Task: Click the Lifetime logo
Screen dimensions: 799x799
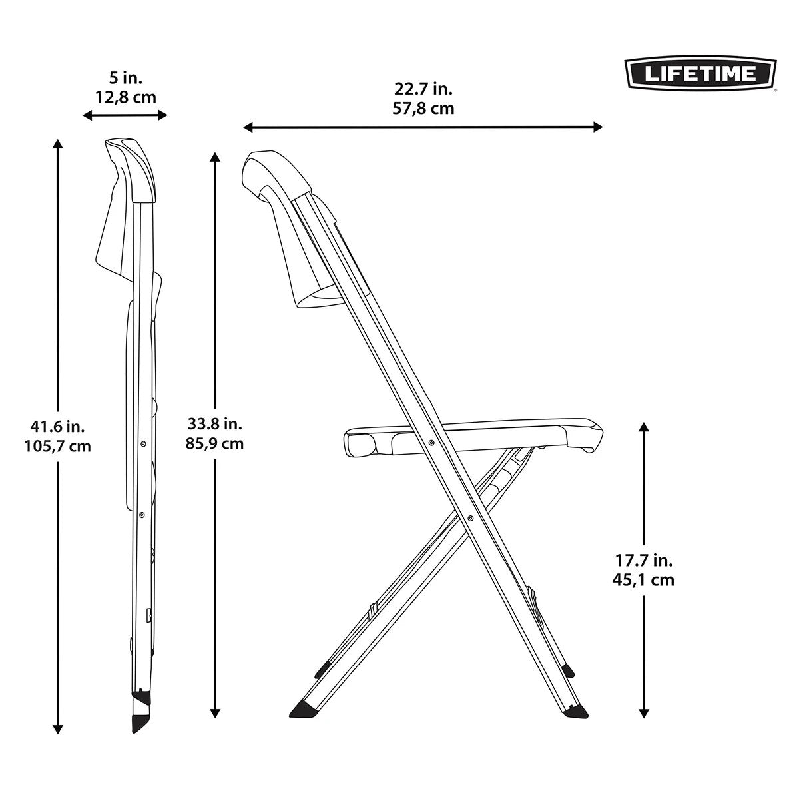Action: coord(699,73)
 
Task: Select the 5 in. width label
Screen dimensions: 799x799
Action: coord(125,78)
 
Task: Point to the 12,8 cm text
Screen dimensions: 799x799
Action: coord(125,97)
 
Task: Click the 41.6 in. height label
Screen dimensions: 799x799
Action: coord(57,427)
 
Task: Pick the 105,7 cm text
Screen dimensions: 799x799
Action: coord(57,446)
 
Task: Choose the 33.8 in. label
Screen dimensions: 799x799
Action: coord(215,423)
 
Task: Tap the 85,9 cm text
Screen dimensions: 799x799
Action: coord(215,443)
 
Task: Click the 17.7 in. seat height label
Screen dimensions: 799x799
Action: coord(643,561)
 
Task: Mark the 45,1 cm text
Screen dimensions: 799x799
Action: coord(643,580)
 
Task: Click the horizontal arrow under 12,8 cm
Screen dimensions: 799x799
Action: coord(125,115)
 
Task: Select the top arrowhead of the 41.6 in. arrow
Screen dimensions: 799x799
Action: coord(58,143)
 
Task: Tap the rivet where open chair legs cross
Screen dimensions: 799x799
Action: coord(471,517)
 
